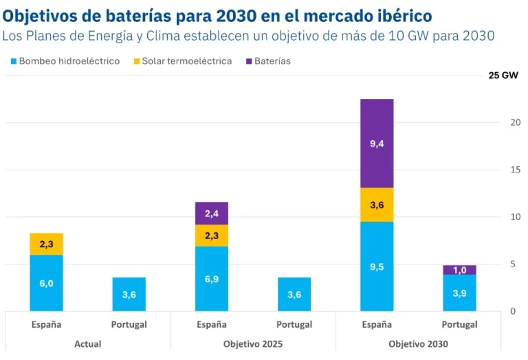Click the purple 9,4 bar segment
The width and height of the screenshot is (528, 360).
[x=377, y=144]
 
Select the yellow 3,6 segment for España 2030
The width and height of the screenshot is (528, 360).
[x=377, y=205]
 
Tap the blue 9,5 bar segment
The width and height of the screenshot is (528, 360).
[x=377, y=266]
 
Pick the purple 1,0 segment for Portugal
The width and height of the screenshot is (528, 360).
[x=459, y=270]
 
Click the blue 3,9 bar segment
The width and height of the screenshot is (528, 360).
[x=459, y=293]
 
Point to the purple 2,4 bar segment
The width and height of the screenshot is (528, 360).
[x=212, y=214]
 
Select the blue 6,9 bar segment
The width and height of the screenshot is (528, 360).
[x=212, y=278]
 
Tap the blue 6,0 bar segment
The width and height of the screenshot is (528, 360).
[x=47, y=282]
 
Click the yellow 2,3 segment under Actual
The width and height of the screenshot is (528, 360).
[x=47, y=244]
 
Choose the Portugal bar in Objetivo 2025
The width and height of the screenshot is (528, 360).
[x=294, y=294]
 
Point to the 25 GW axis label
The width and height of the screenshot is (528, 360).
[x=503, y=76]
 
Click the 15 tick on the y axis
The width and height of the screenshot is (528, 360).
[x=515, y=170]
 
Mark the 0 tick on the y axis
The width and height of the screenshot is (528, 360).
[x=512, y=311]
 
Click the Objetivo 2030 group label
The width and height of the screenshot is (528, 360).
[x=418, y=344]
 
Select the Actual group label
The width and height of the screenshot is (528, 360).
[x=87, y=344]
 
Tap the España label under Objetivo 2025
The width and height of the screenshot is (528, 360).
[x=212, y=324]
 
